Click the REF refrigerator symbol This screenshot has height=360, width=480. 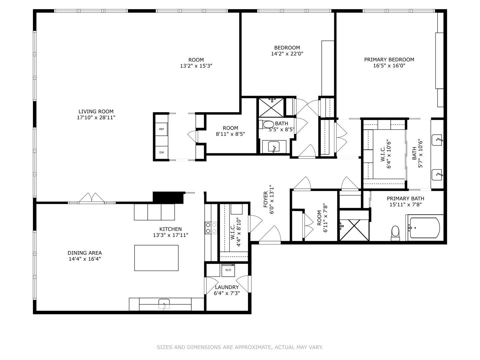pyautogui.click(x=162, y=129)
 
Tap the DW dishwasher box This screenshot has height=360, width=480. pyautogui.click(x=162, y=152)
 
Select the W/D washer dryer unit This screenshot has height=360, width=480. pyautogui.click(x=228, y=270)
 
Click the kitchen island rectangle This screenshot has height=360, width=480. pyautogui.click(x=156, y=258)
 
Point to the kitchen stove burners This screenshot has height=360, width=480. pyautogui.click(x=211, y=228)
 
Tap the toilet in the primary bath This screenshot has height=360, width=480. pyautogui.click(x=395, y=232)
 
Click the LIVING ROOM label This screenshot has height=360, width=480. pyautogui.click(x=96, y=112)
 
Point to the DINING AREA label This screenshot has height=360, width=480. pyautogui.click(x=85, y=253)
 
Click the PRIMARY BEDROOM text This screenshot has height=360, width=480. pyautogui.click(x=389, y=60)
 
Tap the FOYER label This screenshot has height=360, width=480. pyautogui.click(x=266, y=199)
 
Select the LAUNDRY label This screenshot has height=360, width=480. pyautogui.click(x=227, y=287)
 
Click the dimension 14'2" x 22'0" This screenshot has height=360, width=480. pyautogui.click(x=287, y=54)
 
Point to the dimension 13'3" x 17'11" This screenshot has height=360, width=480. pyautogui.click(x=170, y=235)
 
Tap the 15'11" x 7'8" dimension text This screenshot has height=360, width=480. pyautogui.click(x=405, y=205)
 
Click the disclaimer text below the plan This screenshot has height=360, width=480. pyautogui.click(x=240, y=347)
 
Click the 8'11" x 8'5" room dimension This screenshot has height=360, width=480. pyautogui.click(x=230, y=134)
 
